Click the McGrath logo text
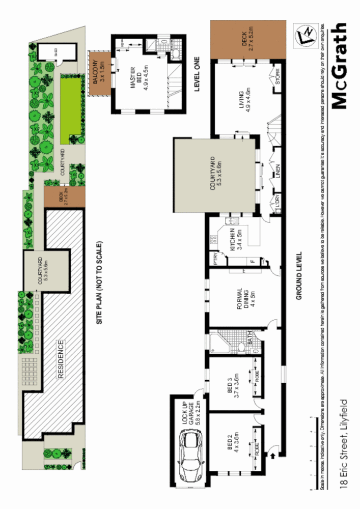coord(340,66)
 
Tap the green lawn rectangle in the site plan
coord(70,107)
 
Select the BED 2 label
coord(232,443)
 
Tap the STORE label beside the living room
coord(278,80)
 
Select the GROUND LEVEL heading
coord(299,275)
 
